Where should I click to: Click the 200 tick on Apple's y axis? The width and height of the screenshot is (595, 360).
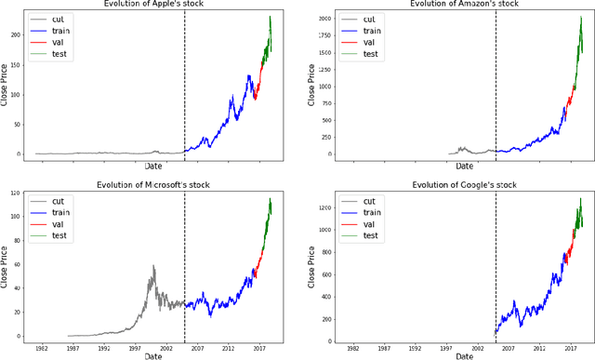[17, 34]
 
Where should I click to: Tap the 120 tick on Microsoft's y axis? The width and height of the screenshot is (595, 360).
[17, 193]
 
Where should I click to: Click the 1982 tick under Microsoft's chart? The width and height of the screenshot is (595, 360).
[42, 349]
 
